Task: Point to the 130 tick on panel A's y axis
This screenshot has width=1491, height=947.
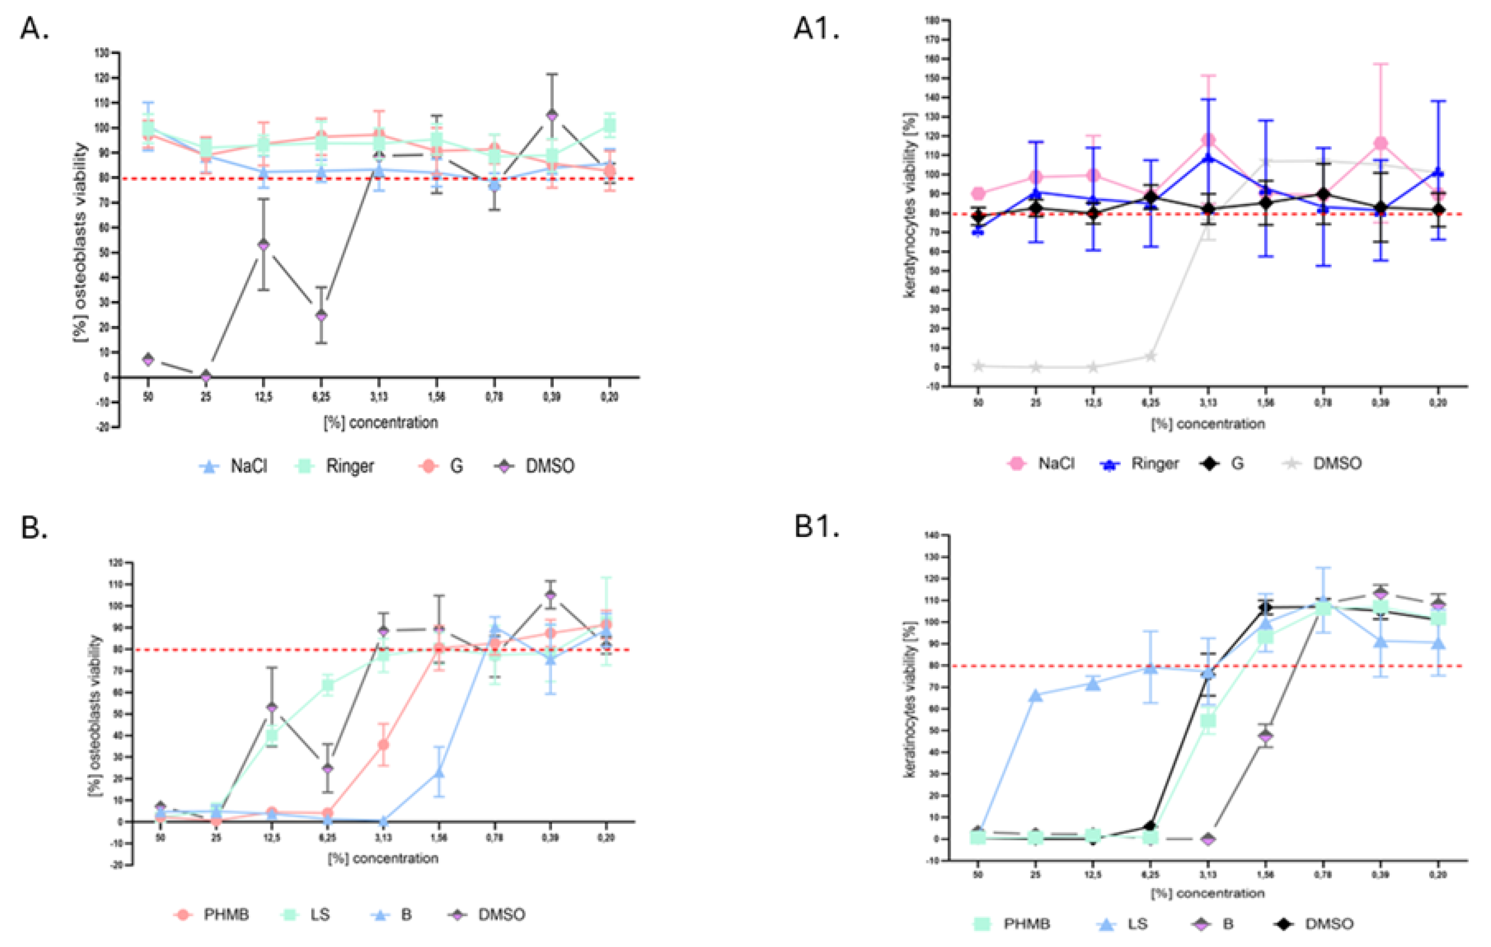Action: (102, 53)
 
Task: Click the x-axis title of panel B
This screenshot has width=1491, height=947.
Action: (383, 858)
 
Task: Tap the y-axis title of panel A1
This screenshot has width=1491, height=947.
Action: (910, 205)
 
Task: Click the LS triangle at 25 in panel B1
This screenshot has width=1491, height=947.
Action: (1035, 696)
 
